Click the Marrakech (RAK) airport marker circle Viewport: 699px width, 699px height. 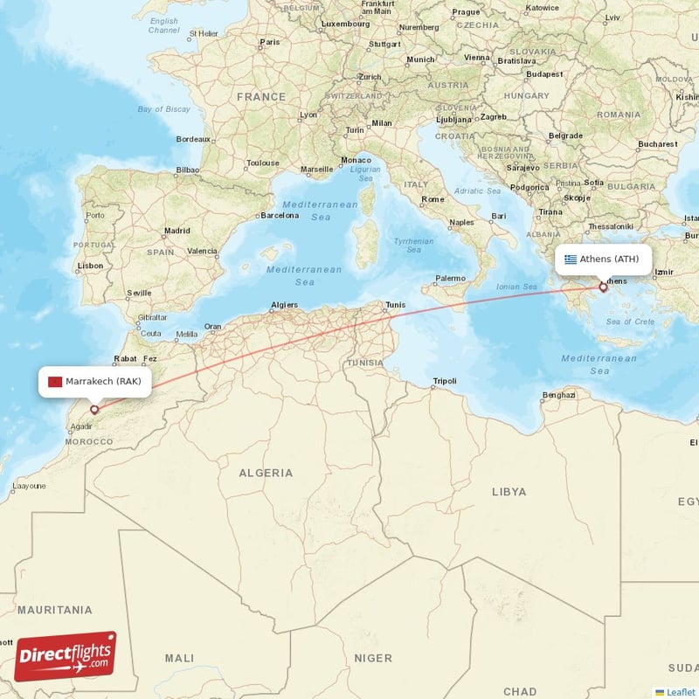(x=94, y=408)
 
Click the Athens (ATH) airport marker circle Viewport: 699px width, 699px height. (x=603, y=287)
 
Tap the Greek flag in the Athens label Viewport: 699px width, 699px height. (x=571, y=260)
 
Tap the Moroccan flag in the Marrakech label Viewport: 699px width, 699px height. (x=55, y=382)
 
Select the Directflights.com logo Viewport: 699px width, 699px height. (x=66, y=656)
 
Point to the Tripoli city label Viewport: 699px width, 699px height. (x=444, y=381)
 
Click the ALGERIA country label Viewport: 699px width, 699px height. (x=266, y=473)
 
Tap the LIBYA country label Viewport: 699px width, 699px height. (x=509, y=492)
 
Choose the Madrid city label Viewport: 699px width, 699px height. (x=176, y=232)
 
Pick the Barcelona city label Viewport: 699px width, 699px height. (x=280, y=215)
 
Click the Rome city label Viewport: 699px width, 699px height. (x=433, y=199)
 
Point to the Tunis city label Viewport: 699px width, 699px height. (x=395, y=304)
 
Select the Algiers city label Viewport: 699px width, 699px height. (x=284, y=305)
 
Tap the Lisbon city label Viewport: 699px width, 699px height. (x=90, y=266)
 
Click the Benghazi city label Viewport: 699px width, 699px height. (x=558, y=395)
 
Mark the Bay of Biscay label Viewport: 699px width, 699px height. (x=163, y=109)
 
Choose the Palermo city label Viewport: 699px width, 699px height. (x=451, y=278)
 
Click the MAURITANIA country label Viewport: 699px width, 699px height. (x=54, y=609)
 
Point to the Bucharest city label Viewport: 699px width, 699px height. (x=657, y=143)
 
